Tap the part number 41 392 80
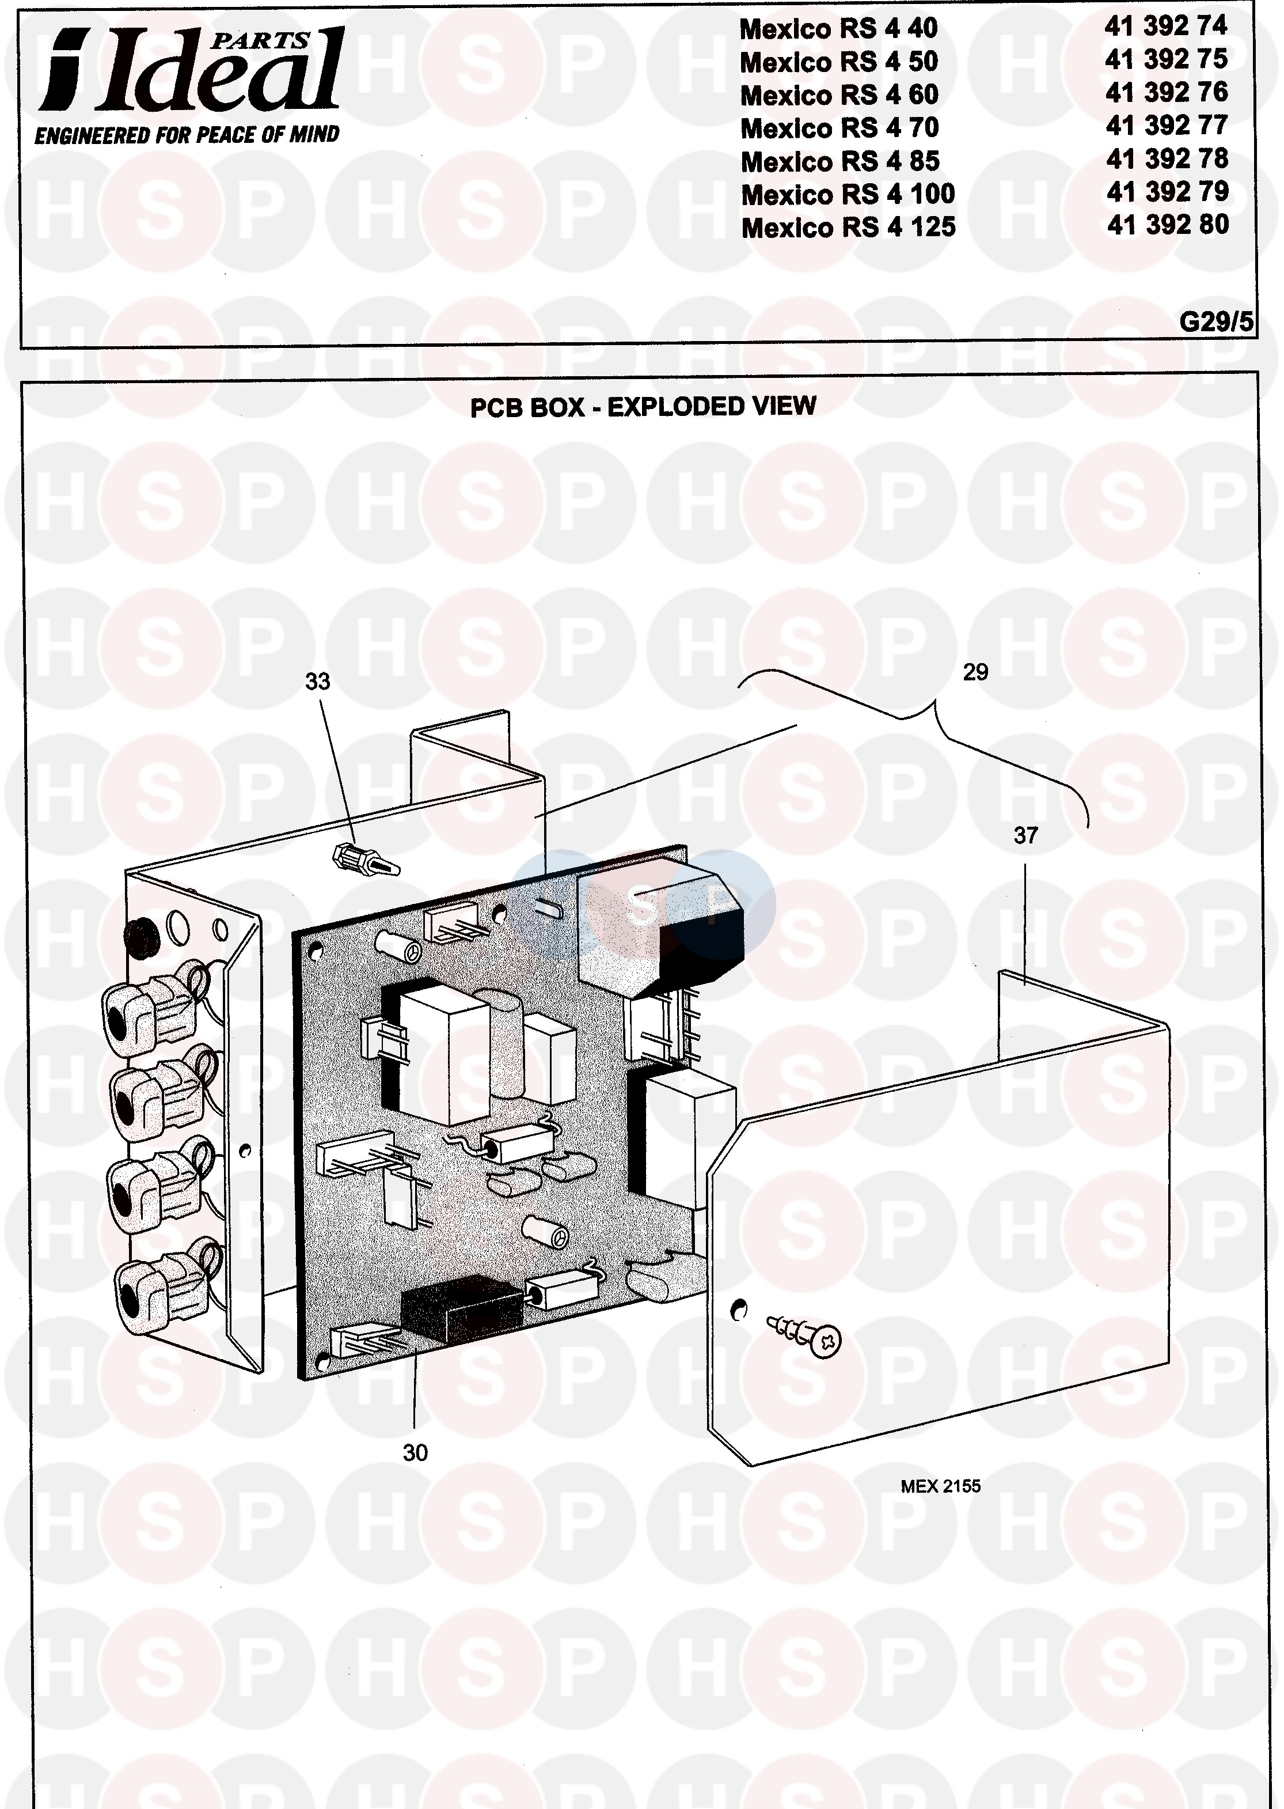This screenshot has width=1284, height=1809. coord(1168,225)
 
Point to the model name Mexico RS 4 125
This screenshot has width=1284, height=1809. coord(848,228)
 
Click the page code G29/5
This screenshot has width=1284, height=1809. coord(1215,322)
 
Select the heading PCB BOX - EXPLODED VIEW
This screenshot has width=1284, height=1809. coord(643,407)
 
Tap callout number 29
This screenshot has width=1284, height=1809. coord(975,672)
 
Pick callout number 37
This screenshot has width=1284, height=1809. coord(1025,835)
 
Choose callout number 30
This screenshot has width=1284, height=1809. coord(415,1453)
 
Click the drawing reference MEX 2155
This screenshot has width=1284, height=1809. coord(940,1486)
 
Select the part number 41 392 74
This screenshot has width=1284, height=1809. coord(1166,26)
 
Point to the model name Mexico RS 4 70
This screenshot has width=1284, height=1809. coord(839,128)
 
